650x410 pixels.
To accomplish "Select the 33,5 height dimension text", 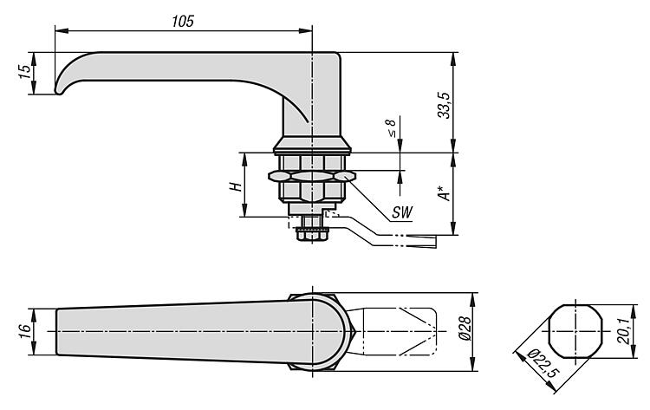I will tap(443, 103).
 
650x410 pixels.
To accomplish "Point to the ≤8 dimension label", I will tap(391, 129).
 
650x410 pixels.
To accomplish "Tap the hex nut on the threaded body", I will tap(310, 175).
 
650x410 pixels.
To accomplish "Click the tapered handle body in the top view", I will tap(165, 331).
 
